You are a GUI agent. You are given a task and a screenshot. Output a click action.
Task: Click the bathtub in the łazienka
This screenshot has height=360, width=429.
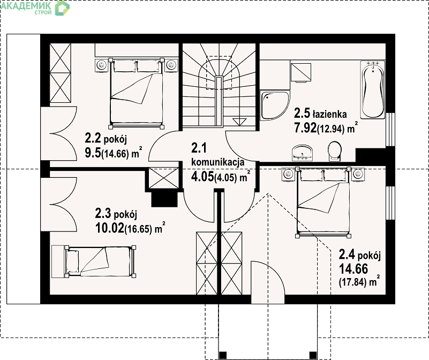click(373, 90)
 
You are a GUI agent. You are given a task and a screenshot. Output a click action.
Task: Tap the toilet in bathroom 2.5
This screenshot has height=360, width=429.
click(335, 151)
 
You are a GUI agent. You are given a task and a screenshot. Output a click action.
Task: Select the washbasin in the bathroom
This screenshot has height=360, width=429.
click(303, 153)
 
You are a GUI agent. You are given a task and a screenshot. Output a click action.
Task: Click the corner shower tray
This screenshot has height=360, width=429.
click(274, 106)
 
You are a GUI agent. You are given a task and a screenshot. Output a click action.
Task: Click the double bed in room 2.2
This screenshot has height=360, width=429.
click(136, 93)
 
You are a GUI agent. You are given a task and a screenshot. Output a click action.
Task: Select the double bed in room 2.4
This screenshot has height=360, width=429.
click(323, 202)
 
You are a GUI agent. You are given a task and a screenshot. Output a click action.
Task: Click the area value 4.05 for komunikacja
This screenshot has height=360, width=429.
click(202, 177)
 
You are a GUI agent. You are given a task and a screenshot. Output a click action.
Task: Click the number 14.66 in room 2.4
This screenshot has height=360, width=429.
click(353, 269)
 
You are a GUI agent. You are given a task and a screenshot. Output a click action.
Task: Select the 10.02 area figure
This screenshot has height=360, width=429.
click(109, 228)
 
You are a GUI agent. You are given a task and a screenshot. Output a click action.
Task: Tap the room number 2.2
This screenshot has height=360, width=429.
click(93, 139)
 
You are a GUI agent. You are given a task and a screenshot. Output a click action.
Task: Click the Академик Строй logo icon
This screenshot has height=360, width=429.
click(62, 8)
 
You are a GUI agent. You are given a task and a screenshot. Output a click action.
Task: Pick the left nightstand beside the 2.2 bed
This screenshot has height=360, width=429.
click(102, 65)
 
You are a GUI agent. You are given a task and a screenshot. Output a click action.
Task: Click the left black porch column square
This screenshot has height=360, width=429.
click(223, 355)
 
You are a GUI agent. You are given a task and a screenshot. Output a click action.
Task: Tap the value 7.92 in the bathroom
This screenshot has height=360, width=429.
click(305, 127)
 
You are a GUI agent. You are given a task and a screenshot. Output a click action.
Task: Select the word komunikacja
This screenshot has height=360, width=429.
click(218, 162)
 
